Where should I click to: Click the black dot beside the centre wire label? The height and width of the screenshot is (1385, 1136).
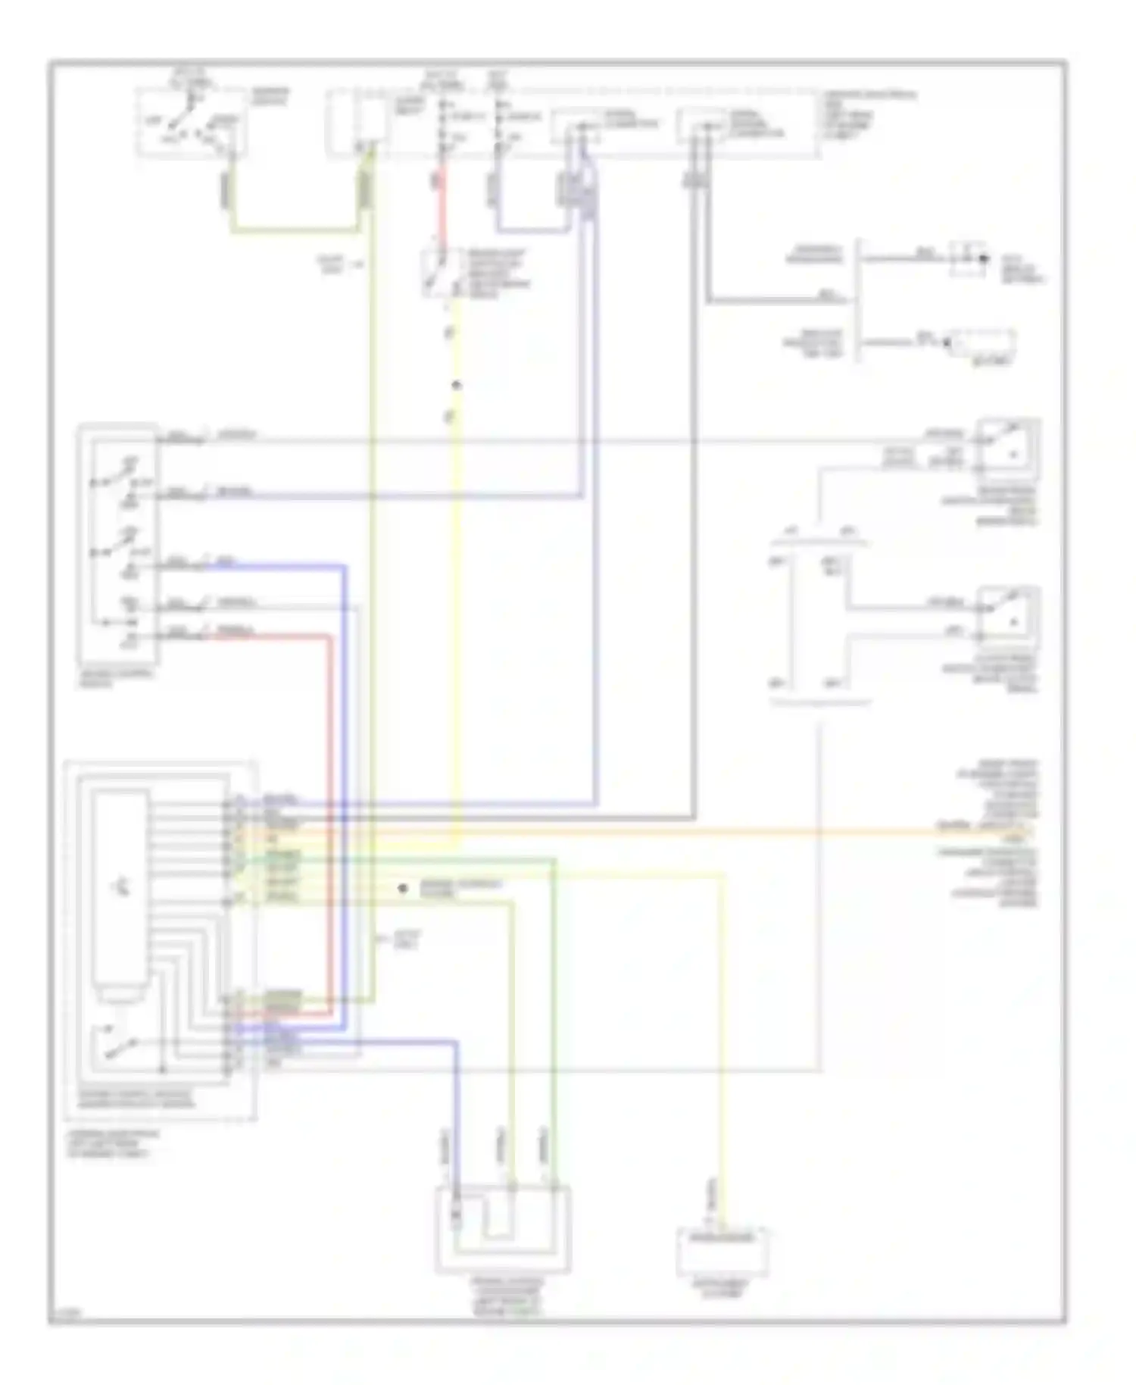pyautogui.click(x=403, y=888)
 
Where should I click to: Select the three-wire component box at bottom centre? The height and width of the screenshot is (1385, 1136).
pyautogui.click(x=503, y=1229)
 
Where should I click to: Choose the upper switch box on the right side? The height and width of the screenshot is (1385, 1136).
pyautogui.click(x=1008, y=449)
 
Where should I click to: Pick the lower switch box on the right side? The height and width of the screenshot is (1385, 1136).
pyautogui.click(x=1008, y=617)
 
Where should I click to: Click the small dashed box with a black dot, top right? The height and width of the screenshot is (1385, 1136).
pyautogui.click(x=969, y=258)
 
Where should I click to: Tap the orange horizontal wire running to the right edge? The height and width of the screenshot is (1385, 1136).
pyautogui.click(x=682, y=832)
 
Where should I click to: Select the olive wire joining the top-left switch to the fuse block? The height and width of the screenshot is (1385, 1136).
pyautogui.click(x=295, y=229)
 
